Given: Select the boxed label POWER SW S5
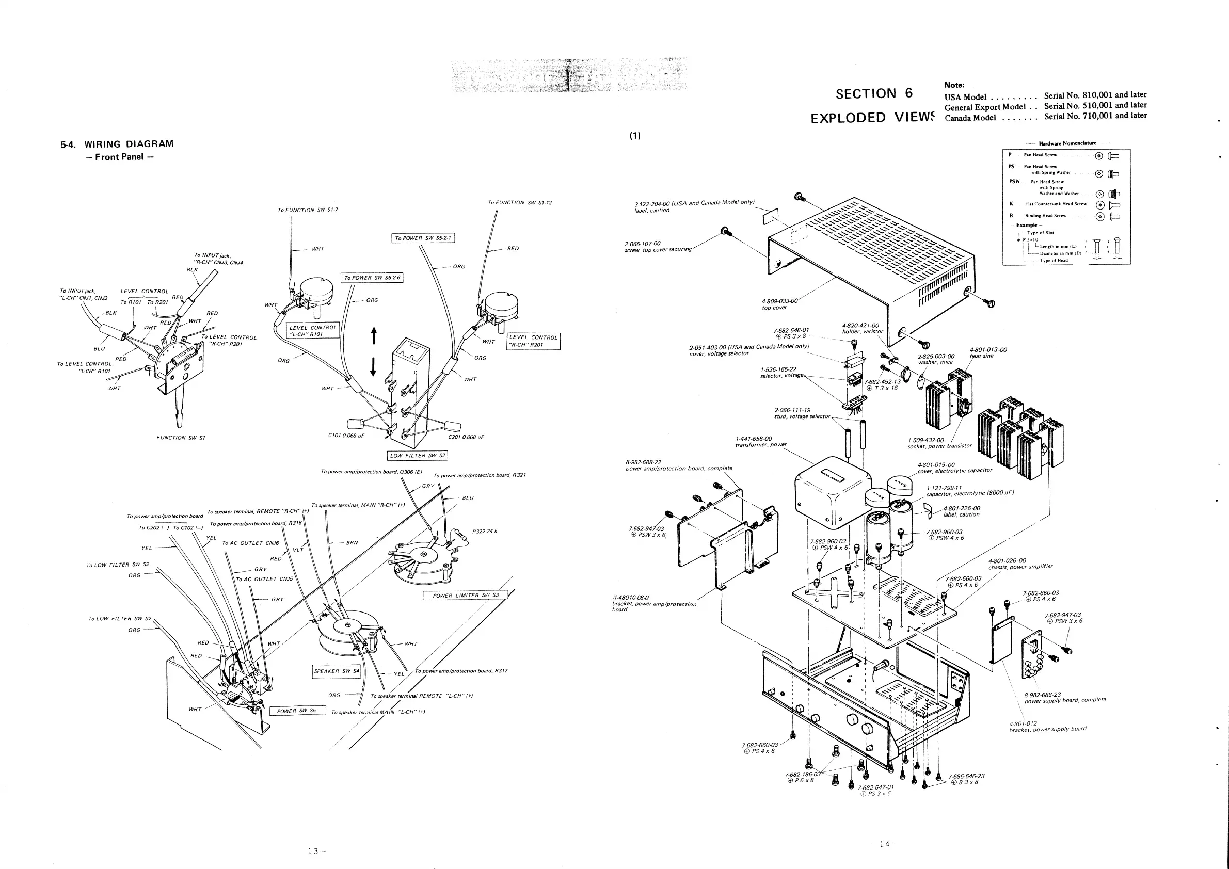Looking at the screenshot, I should (297, 711).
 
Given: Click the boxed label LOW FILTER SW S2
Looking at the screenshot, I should (417, 455).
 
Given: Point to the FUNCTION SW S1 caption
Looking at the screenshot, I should (180, 438).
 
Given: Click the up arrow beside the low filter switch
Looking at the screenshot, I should (373, 336).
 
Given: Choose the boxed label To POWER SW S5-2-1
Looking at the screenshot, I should (423, 238).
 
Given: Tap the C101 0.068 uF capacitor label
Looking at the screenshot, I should (346, 436).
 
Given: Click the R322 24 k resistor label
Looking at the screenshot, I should (485, 532).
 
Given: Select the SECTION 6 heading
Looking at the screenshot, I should (873, 93).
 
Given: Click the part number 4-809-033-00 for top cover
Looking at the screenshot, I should (779, 301).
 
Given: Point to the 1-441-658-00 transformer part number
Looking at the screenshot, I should (754, 439).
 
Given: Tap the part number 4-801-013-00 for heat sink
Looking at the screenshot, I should (988, 350).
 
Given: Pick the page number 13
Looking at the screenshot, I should (314, 851).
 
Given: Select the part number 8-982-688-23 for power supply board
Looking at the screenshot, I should (1042, 695).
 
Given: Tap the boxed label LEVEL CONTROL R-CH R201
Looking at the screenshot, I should (533, 341).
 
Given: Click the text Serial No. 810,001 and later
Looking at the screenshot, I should (1095, 95).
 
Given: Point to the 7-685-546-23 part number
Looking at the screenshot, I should (966, 776).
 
